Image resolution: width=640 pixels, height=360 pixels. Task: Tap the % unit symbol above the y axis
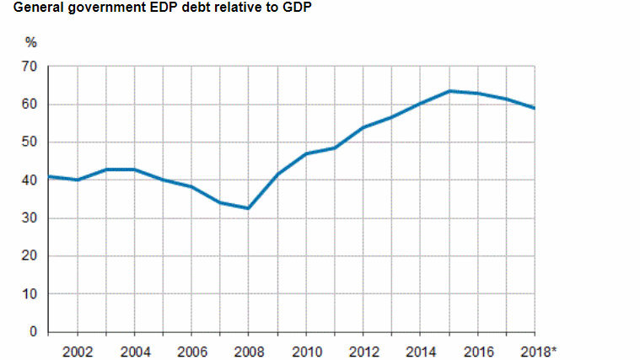tap(32, 43)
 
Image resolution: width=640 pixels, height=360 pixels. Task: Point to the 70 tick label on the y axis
tap(30, 66)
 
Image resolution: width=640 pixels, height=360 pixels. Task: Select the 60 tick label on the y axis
tap(30, 104)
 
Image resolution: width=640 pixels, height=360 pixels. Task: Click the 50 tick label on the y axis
tap(30, 142)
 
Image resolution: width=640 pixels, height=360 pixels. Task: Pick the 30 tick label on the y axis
tap(30, 218)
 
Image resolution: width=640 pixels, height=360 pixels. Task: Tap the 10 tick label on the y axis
tap(30, 293)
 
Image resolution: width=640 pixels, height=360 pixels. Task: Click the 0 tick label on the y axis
tap(34, 331)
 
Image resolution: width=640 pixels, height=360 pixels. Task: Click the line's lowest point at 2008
tap(249, 208)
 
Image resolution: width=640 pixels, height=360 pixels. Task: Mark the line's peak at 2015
tap(449, 91)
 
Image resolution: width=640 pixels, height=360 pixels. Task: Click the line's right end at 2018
tap(535, 108)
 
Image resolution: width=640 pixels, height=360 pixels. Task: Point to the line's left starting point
tap(49, 176)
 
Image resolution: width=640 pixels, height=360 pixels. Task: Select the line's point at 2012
tap(363, 127)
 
